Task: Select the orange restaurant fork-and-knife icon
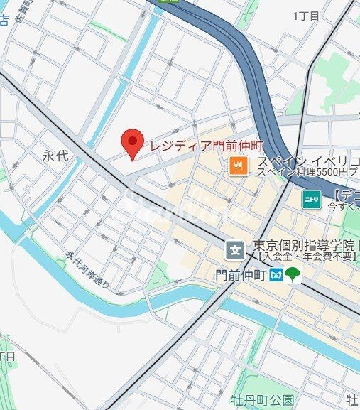(x=236, y=166)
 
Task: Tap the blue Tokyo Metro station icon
(x=276, y=274)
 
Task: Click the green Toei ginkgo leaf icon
(x=293, y=274)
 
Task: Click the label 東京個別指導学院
(x=304, y=246)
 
